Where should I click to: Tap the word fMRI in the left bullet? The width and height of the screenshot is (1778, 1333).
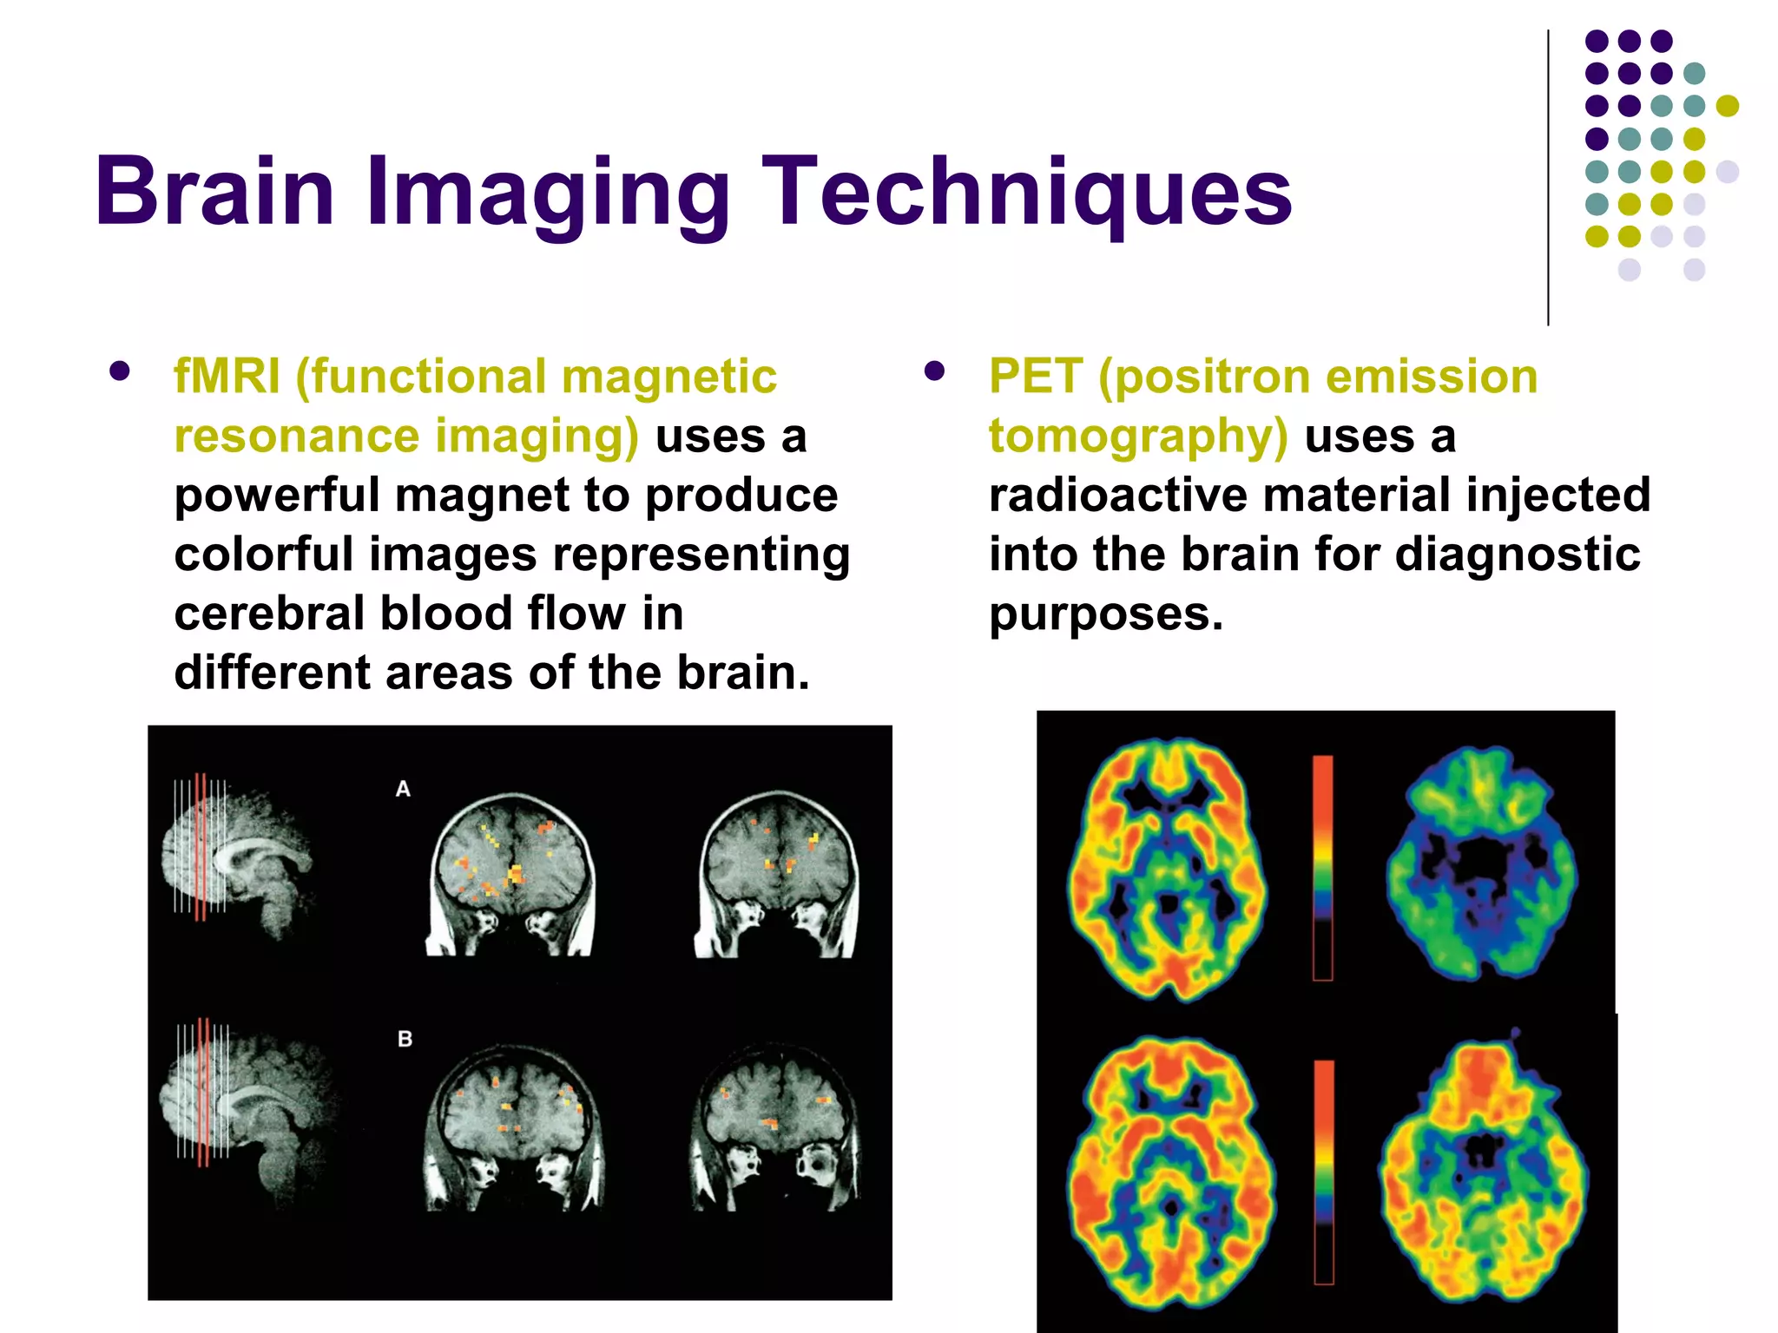[227, 378]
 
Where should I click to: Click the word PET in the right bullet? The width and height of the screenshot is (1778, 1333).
[1035, 378]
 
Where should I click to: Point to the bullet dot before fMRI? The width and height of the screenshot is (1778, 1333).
[120, 371]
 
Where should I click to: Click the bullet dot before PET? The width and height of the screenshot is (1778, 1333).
[934, 371]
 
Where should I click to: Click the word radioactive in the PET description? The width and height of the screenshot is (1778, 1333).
[1118, 495]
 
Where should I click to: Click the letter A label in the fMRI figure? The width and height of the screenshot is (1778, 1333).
[403, 789]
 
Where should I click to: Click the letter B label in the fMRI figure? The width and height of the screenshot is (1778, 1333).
[405, 1039]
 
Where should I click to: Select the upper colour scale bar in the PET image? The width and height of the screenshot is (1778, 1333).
[1322, 868]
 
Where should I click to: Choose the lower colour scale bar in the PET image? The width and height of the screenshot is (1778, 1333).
[1323, 1172]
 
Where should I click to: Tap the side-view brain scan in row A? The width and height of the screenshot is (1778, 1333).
[239, 859]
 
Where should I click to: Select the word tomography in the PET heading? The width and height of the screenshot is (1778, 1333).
[1138, 437]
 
